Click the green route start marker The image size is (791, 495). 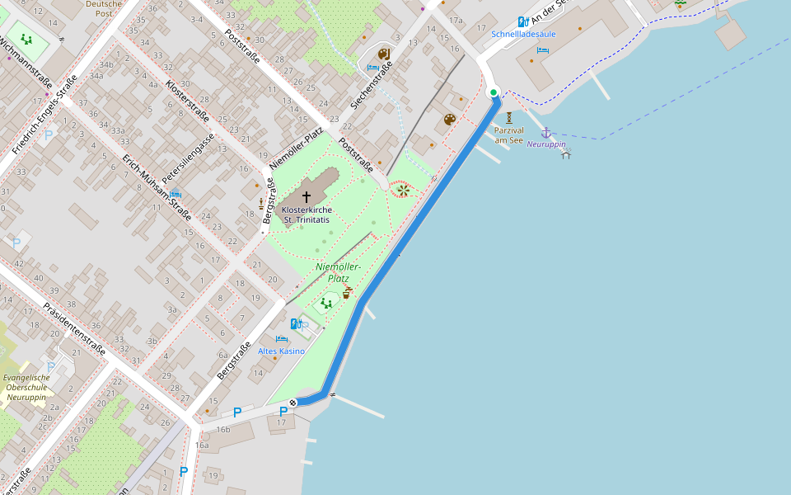[x=494, y=92]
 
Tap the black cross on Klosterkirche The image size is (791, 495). [x=307, y=197]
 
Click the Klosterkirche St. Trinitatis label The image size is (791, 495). [x=307, y=215]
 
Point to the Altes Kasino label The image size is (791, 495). [x=281, y=351]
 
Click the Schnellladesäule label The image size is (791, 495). [x=523, y=34]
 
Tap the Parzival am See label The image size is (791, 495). [x=509, y=135]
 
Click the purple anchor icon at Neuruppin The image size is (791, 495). [x=545, y=132]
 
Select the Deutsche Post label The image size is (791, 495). [x=103, y=9]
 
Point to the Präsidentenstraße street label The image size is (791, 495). [x=74, y=328]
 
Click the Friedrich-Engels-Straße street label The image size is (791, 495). [x=44, y=115]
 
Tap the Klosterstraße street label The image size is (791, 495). [x=186, y=101]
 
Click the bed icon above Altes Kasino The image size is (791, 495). [x=281, y=339]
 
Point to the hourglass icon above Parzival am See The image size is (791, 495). [x=509, y=118]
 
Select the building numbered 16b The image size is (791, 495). [x=223, y=430]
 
